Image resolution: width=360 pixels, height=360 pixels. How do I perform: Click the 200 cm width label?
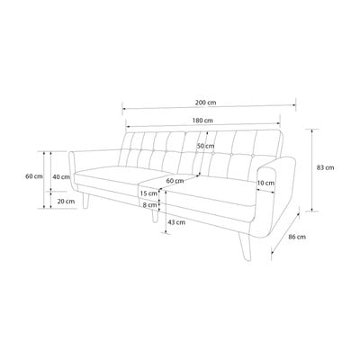click(205, 103)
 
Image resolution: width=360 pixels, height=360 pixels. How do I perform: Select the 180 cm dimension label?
click(202, 121)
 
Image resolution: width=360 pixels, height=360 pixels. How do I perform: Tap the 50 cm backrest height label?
click(205, 146)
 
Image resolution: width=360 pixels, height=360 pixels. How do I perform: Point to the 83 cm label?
click(325, 167)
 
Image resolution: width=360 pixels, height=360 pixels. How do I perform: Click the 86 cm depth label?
click(297, 237)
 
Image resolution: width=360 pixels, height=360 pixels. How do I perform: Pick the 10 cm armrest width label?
click(265, 183)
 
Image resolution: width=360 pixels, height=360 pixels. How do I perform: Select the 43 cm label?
click(176, 222)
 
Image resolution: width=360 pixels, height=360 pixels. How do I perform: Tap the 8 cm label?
click(149, 205)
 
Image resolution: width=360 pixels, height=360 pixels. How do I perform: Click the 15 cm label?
click(148, 193)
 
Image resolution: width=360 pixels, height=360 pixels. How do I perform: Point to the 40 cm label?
click(61, 177)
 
